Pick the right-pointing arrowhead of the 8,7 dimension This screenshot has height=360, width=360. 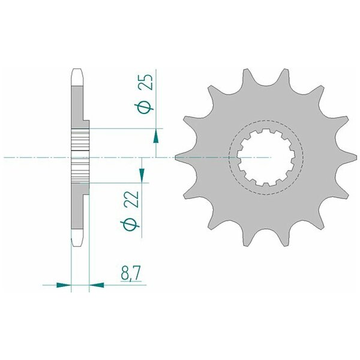[64, 285]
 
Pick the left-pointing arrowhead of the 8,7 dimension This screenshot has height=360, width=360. [97, 285]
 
